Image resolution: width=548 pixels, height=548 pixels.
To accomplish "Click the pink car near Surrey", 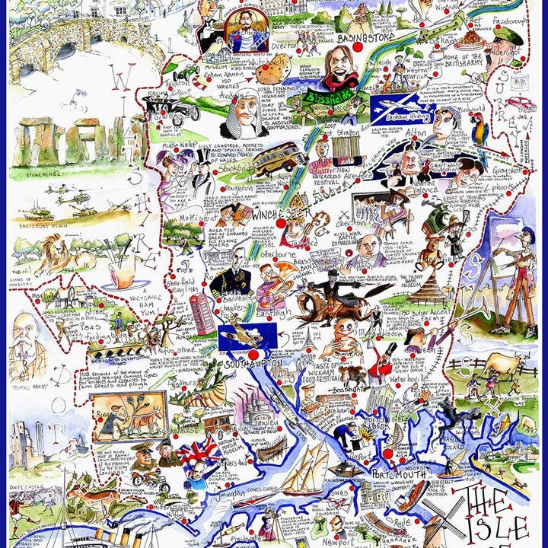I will tap(521, 104).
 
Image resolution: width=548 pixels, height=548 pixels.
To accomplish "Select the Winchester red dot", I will tap(281, 224).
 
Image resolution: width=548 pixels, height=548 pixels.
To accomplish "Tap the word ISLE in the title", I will tap(502, 527).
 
